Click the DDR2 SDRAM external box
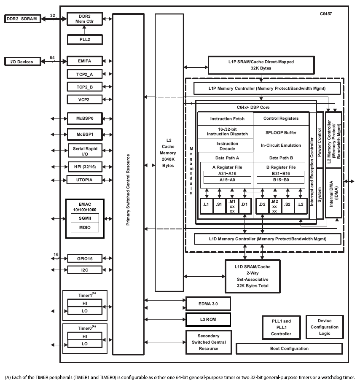[x=23, y=19]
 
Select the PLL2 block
[x=84, y=40]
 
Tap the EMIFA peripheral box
[x=84, y=61]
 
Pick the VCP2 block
[x=84, y=100]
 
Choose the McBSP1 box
[x=84, y=135]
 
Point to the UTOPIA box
[x=84, y=180]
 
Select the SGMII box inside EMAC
[x=84, y=218]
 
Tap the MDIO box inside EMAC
[x=84, y=228]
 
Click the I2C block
[x=84, y=269]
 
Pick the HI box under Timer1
[x=84, y=303]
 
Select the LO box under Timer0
[x=84, y=344]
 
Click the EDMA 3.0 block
[x=208, y=304]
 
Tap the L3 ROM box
[x=208, y=319]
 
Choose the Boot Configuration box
[x=289, y=349]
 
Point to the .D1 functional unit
[x=244, y=205]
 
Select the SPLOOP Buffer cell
[x=281, y=132]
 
